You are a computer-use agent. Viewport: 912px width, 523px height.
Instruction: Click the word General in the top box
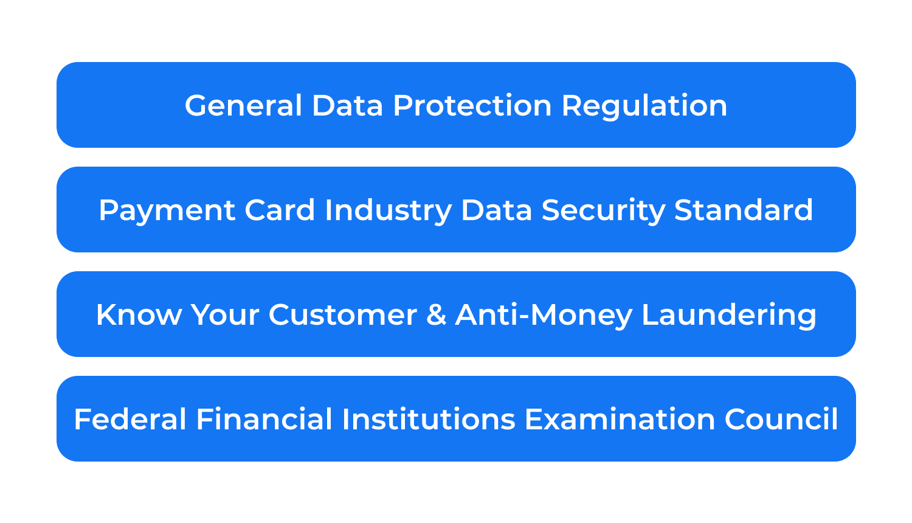[243, 106]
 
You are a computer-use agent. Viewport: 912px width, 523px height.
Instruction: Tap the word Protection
[472, 106]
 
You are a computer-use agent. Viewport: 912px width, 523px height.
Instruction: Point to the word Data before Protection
[347, 106]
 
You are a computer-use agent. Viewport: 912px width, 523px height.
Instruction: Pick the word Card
[280, 210]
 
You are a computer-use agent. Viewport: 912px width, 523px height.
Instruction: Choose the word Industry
[388, 211]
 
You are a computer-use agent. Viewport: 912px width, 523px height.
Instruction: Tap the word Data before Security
[496, 210]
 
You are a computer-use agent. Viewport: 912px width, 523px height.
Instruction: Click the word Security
[603, 211]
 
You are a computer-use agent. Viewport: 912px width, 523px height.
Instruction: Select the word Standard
[743, 210]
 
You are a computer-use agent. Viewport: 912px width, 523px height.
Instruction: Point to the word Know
[139, 315]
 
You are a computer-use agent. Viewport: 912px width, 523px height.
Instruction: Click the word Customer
[343, 315]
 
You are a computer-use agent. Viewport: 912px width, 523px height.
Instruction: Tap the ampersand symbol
[436, 315]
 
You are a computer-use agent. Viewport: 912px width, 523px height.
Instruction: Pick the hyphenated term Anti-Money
[544, 316]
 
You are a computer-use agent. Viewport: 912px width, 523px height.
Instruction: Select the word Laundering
[728, 316]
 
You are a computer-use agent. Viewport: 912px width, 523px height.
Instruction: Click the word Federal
[130, 420]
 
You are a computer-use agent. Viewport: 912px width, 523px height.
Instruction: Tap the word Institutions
[428, 420]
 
